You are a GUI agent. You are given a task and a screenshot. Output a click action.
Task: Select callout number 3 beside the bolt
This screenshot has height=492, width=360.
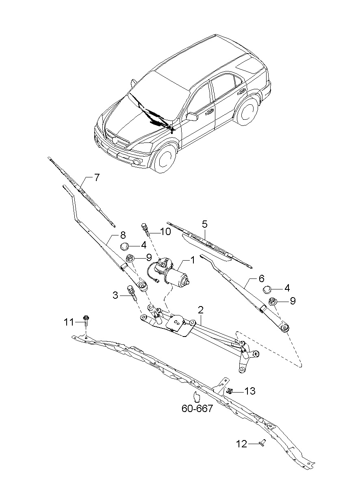116,296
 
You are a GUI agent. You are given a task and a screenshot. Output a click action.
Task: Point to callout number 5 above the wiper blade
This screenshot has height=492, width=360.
205,224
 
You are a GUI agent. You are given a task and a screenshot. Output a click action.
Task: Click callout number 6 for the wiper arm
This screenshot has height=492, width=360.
261,278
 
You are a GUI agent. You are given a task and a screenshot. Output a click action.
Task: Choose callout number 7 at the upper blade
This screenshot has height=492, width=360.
96,177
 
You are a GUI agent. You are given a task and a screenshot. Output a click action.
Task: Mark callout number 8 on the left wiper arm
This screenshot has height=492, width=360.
122,235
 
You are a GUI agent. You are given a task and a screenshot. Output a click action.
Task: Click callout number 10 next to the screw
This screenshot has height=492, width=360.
165,232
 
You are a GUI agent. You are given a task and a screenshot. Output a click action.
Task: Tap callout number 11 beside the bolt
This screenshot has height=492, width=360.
69,322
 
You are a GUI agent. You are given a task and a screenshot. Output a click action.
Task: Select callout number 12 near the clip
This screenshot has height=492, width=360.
242,444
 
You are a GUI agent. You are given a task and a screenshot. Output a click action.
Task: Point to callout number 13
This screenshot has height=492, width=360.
250,391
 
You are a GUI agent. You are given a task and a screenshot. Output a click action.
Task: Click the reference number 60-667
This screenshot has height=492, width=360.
197,409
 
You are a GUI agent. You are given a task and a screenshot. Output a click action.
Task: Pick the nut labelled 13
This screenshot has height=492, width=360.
230,391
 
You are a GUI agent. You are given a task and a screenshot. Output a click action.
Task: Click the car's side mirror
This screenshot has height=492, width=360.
192,117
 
